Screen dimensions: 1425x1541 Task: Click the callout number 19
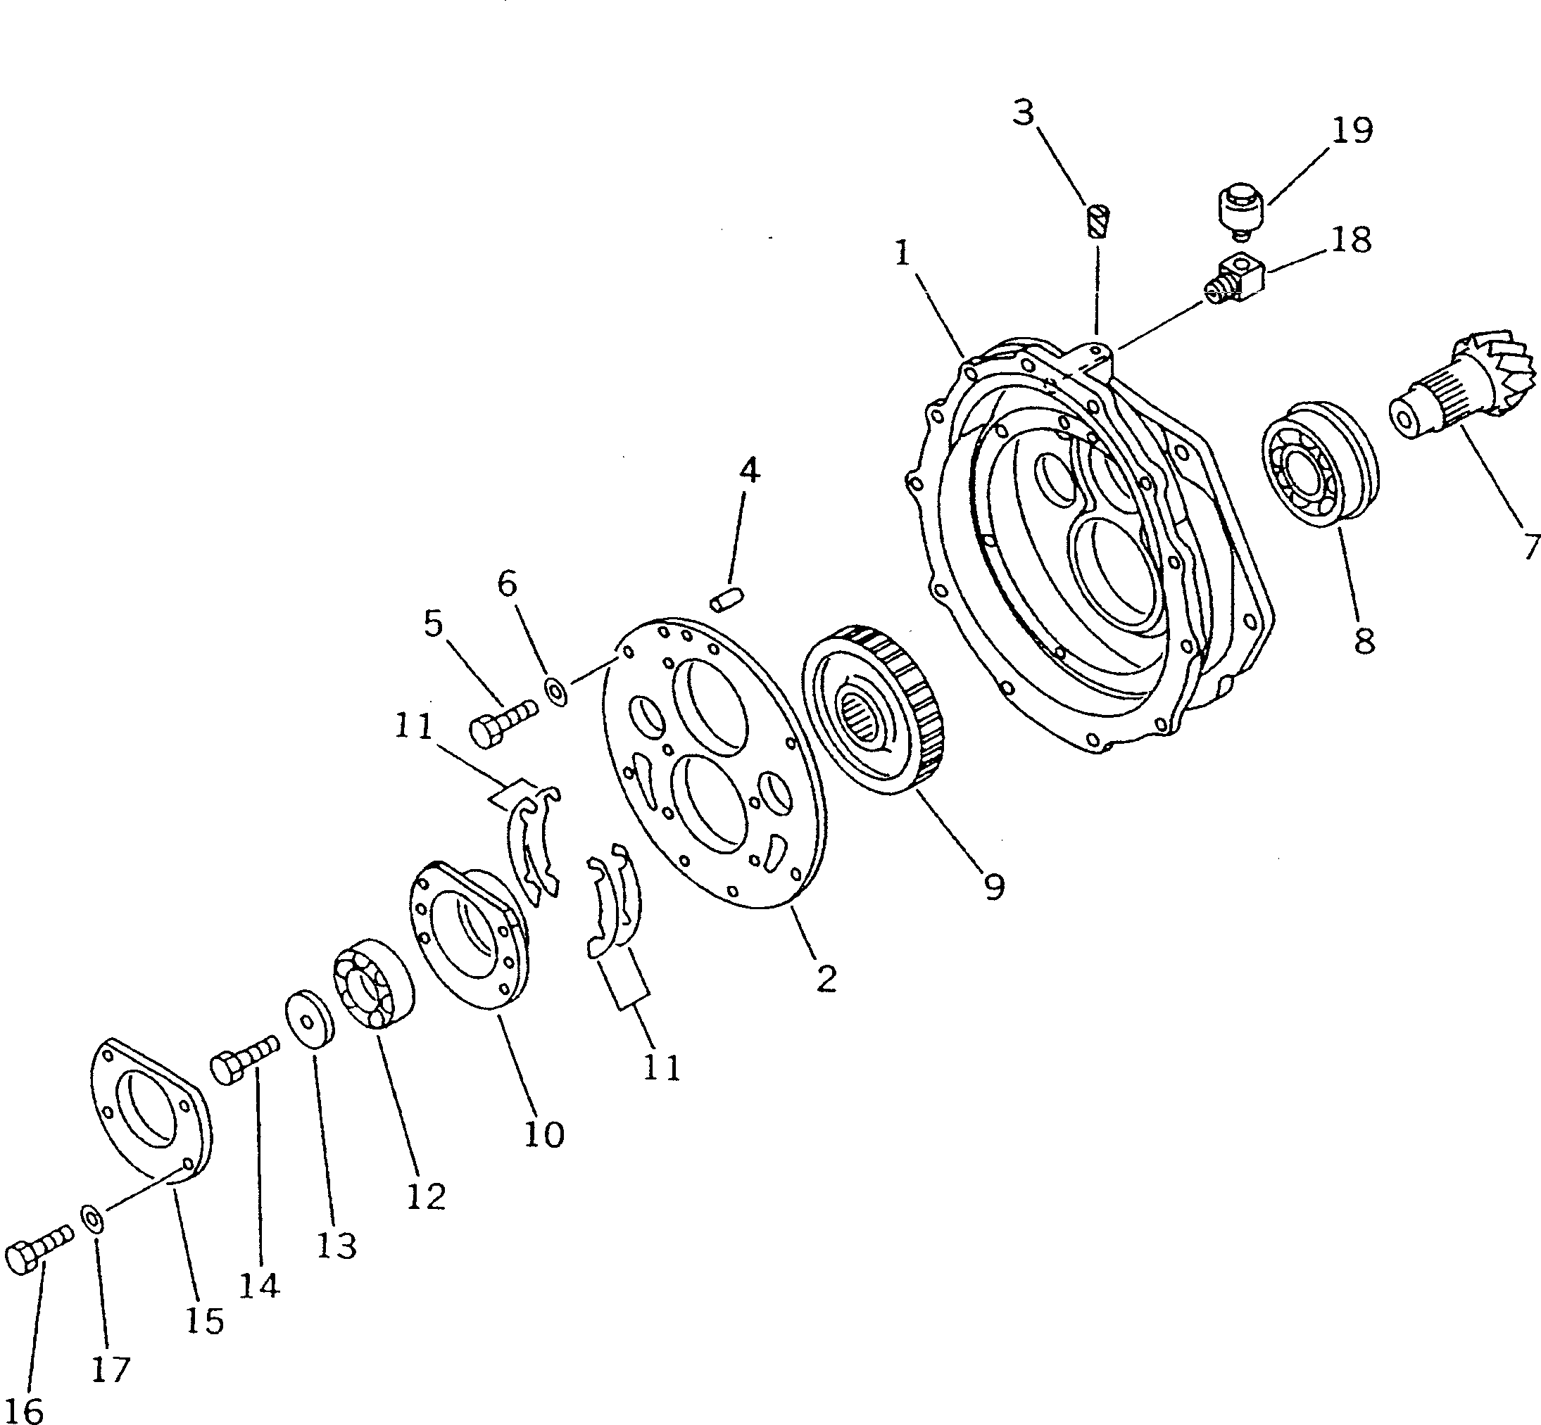(1351, 130)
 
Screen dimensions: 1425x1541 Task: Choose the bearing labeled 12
(374, 984)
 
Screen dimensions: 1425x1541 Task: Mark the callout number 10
(543, 1135)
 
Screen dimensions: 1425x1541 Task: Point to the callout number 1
(902, 253)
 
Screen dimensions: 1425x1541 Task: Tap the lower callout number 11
(661, 1068)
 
